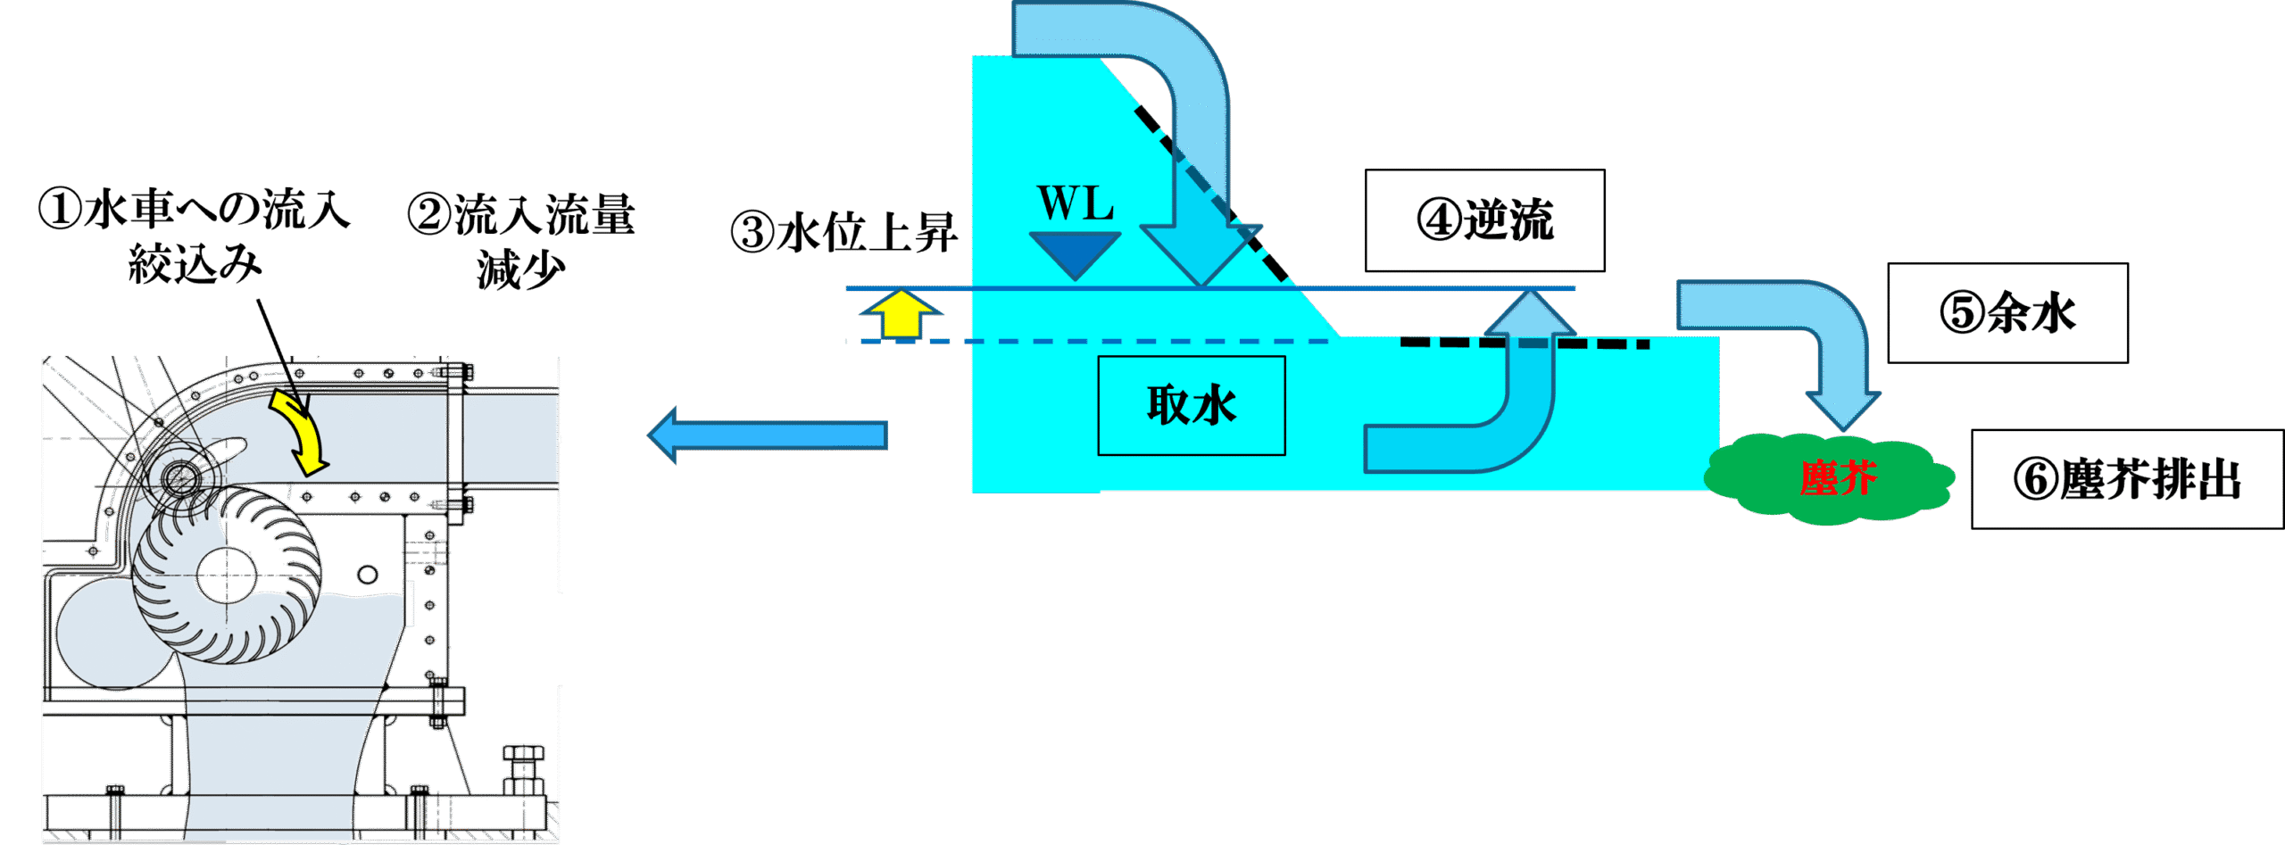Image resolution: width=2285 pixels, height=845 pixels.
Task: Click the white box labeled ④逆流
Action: pyautogui.click(x=1484, y=220)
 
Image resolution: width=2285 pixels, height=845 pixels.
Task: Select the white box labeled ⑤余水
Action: pyautogui.click(x=2007, y=312)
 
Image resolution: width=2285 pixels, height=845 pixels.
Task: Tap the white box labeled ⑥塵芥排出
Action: pyautogui.click(x=2127, y=479)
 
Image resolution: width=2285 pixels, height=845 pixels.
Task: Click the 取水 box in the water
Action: pyautogui.click(x=1191, y=406)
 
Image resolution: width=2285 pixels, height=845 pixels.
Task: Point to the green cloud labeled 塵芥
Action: pyautogui.click(x=1830, y=478)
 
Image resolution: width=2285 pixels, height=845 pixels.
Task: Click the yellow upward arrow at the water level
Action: pyautogui.click(x=902, y=314)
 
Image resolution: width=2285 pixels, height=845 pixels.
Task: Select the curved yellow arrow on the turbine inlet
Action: pyautogui.click(x=303, y=433)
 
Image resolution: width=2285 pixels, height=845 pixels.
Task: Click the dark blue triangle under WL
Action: pyautogui.click(x=1075, y=253)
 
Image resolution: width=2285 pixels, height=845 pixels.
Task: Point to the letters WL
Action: pyautogui.click(x=1075, y=203)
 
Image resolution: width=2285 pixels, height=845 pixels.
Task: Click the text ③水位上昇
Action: pyautogui.click(x=843, y=233)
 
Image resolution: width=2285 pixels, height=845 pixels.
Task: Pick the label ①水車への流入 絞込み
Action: pyautogui.click(x=195, y=236)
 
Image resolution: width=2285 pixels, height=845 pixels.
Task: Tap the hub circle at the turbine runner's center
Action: pyautogui.click(x=227, y=576)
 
